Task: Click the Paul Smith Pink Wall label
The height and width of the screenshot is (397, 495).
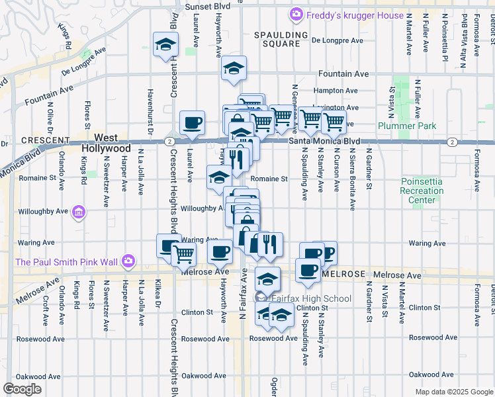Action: tap(66, 262)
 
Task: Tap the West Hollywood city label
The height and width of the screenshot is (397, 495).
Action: tap(107, 144)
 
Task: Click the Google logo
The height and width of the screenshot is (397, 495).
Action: tap(22, 389)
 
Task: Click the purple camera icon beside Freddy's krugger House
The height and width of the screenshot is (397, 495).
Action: tap(296, 14)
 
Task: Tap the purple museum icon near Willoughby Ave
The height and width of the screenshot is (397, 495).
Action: tap(79, 212)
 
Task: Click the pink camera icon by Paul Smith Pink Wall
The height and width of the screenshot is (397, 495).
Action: tap(129, 262)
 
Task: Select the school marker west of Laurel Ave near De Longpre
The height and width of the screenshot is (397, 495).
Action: tap(165, 45)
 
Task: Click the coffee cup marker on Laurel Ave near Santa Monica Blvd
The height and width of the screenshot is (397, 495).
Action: tap(193, 122)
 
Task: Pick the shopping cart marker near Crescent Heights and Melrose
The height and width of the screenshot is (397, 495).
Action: tap(184, 253)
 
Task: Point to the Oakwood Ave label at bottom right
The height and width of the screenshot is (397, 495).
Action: tap(430, 375)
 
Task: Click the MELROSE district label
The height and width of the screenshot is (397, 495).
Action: tap(343, 274)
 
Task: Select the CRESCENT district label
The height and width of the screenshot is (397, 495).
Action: tap(46, 140)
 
